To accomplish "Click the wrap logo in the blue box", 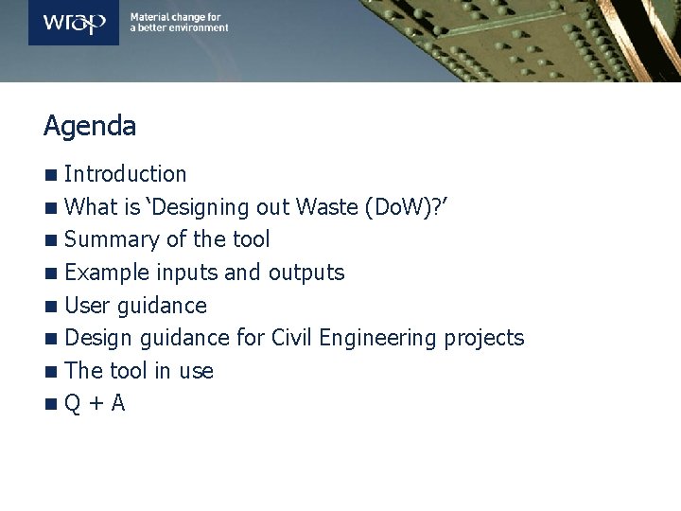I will (x=74, y=23).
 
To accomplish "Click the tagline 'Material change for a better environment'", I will (x=179, y=23).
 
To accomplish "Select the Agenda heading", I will (x=90, y=126).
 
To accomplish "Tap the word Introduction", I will (x=126, y=174).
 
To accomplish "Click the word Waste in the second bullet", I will (x=327, y=207).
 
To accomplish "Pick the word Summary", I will (x=104, y=240).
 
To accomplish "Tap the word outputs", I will (x=306, y=273).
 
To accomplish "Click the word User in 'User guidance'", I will (x=87, y=306).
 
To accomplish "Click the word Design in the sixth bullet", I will (x=99, y=338).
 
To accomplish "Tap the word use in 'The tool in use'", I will (x=196, y=372).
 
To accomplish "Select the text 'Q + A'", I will (x=95, y=404).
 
